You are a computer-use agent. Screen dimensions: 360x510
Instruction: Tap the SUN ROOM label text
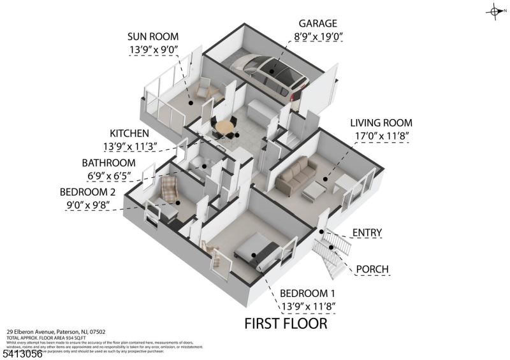[x=153, y=36]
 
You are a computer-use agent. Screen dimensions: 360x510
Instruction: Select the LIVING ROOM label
[x=381, y=123]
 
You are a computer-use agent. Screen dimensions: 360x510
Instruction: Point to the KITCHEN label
[x=129, y=133]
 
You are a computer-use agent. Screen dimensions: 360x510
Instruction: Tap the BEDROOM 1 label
[x=308, y=293]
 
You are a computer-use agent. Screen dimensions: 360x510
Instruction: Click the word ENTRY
[x=367, y=233]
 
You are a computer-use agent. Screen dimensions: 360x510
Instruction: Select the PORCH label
[x=373, y=269]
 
